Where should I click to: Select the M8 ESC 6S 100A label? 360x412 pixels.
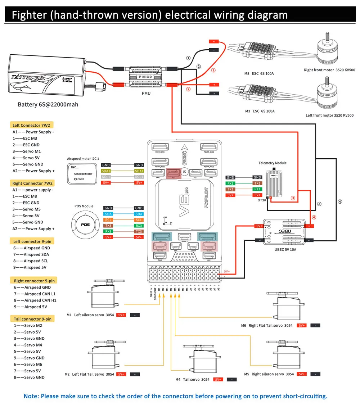[x=259, y=74]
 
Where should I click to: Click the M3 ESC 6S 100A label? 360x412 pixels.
[x=260, y=111]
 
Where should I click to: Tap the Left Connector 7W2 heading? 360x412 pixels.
[x=31, y=125]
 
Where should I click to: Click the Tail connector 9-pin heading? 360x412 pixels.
[x=32, y=319]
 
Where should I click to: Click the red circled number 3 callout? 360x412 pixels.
[x=293, y=198]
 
